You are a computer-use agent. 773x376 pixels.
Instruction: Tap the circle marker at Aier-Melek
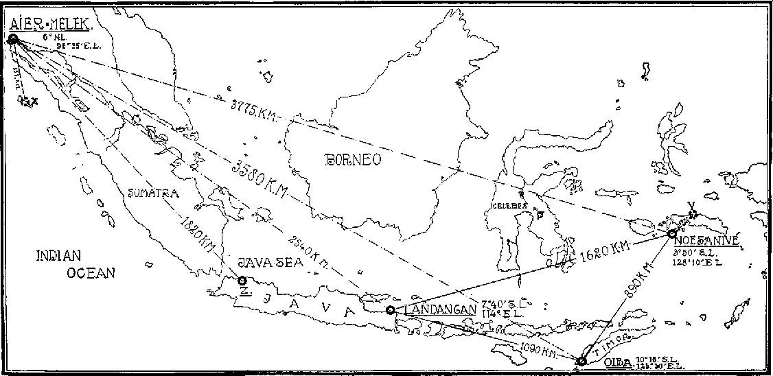(12, 38)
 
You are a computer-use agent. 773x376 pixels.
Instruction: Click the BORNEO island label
(353, 159)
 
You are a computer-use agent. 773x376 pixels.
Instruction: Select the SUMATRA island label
(154, 193)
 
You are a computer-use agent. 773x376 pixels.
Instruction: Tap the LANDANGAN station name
(439, 310)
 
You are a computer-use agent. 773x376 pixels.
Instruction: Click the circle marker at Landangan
(390, 310)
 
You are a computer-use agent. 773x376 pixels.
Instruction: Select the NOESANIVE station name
(706, 241)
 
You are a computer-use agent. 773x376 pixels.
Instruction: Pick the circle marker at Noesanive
(671, 234)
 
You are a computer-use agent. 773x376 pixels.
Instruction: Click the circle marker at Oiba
(581, 361)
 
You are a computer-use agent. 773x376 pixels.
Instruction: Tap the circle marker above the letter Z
(242, 280)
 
